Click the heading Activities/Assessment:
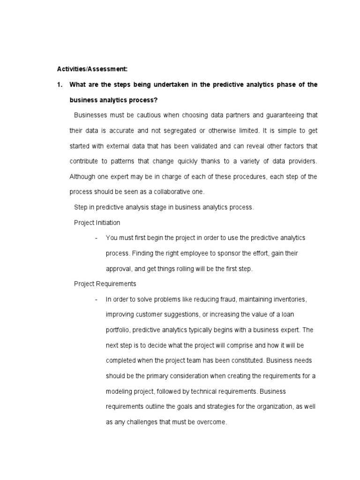(92, 69)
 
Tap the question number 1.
(59, 84)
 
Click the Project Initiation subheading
(97, 222)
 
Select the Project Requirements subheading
(105, 284)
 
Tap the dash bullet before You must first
(96, 238)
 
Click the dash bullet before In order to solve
(96, 299)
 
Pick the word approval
(119, 269)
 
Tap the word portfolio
(118, 330)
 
